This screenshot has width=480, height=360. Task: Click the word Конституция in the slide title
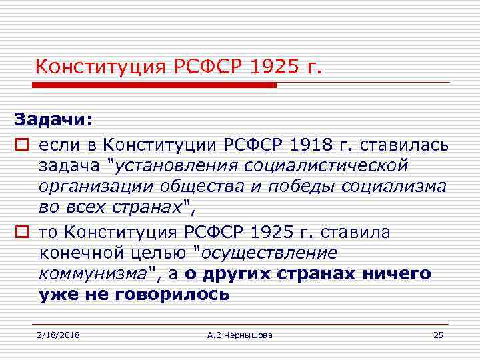98,67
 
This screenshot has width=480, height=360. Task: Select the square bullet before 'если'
20,144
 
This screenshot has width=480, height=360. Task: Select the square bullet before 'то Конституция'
20,233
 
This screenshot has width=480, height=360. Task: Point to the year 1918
297,144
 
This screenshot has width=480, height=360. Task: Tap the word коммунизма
93,273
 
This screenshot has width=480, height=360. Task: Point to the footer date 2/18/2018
59,335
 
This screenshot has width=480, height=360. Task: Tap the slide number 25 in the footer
438,335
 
